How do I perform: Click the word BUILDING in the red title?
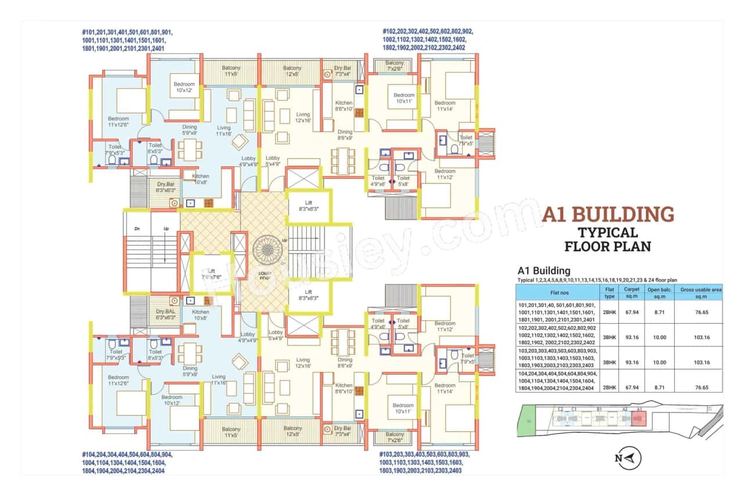coord(623,214)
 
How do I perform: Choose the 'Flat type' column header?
coord(610,291)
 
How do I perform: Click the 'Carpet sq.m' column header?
coord(631,291)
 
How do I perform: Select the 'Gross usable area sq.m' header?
coord(697,291)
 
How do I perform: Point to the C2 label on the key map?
coord(560,409)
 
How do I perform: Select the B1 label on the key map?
coord(599,409)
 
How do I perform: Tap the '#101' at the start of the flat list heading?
coord(91,32)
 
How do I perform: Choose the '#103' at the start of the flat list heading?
coord(390,454)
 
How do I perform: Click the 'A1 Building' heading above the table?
coord(543,270)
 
